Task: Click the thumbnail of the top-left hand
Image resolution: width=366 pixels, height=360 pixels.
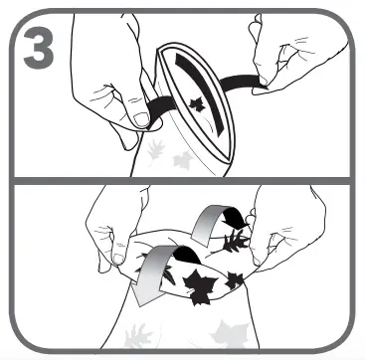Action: pyautogui.click(x=140, y=118)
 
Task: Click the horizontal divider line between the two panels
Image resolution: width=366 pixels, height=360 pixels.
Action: pyautogui.click(x=183, y=181)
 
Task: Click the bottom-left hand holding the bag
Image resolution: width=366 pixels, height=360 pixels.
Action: pyautogui.click(x=109, y=234)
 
